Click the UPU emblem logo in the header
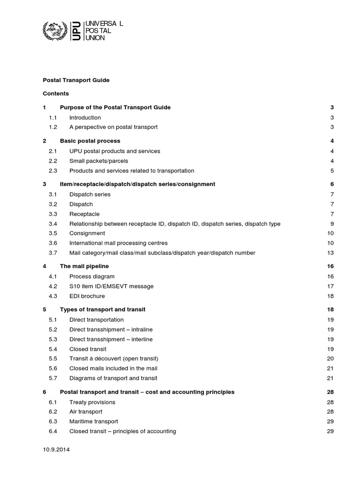(55, 31)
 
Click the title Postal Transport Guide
(76, 80)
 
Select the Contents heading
(56, 94)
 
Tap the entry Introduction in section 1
(85, 118)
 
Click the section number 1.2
(52, 127)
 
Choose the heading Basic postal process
(90, 141)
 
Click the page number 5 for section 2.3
(331, 171)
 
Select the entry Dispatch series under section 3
(90, 195)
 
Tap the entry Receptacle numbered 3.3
(84, 214)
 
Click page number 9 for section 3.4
(331, 224)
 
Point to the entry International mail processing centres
(118, 243)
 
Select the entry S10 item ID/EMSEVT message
(111, 286)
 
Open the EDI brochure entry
(87, 296)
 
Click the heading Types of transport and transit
(103, 309)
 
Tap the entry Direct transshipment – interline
(111, 339)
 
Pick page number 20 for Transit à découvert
(330, 359)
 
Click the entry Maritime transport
(94, 421)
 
